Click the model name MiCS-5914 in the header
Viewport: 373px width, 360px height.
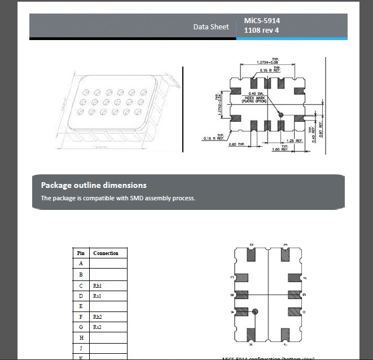262,21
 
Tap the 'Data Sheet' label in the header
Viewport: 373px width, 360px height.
211,27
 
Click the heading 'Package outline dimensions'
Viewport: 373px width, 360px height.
94,185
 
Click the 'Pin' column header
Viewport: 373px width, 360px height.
81,253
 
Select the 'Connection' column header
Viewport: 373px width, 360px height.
106,253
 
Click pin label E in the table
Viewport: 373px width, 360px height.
81,306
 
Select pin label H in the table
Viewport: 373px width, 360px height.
81,337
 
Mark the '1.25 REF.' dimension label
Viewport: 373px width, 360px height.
295,141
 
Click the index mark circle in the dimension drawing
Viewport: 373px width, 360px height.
280,115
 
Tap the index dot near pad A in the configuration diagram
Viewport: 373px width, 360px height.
255,311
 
